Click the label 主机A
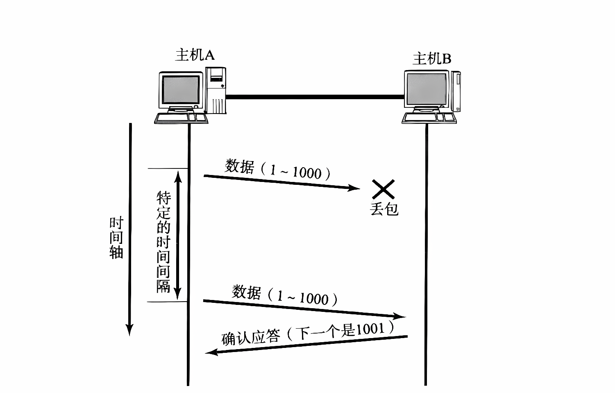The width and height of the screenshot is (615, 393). [x=195, y=55]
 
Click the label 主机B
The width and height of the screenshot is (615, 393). [x=431, y=59]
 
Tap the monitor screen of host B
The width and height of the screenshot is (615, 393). [x=426, y=89]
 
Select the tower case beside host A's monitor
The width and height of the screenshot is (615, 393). [x=216, y=90]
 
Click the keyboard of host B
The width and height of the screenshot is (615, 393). [x=429, y=118]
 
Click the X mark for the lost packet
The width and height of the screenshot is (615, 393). [x=383, y=189]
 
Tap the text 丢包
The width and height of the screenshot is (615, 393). [x=384, y=209]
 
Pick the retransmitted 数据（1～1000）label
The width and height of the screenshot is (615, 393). [x=285, y=295]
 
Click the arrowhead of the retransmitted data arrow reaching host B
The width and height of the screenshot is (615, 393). [x=400, y=316]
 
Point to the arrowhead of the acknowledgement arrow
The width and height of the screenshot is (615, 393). [x=211, y=352]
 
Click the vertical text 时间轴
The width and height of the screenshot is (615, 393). [x=116, y=238]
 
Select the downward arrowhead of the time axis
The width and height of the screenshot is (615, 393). [x=129, y=329]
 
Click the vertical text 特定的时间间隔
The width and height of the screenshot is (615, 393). [x=163, y=242]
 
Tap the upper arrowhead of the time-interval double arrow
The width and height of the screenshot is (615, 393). [x=178, y=176]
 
